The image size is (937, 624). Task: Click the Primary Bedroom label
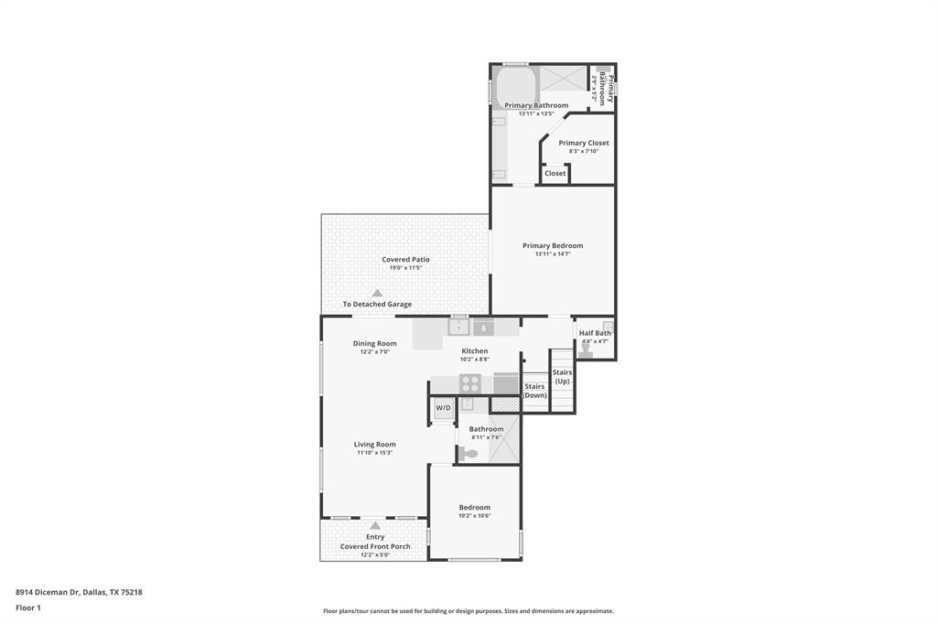[553, 245]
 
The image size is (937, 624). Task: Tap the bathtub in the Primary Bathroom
[515, 88]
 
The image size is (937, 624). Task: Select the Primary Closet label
[584, 143]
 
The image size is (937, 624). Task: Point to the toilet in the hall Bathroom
[469, 453]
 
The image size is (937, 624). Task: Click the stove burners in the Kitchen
[469, 383]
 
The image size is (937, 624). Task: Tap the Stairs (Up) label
[562, 376]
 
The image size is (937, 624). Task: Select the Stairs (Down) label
[534, 391]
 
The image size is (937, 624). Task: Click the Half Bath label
[595, 333]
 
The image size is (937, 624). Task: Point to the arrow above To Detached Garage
[377, 292]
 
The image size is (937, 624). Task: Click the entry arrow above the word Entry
[375, 525]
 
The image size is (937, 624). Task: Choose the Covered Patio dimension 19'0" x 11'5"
[405, 268]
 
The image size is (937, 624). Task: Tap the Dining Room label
[375, 343]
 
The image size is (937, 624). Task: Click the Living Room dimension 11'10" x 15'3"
[375, 453]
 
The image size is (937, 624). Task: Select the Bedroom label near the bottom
[475, 507]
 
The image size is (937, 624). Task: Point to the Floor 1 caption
[28, 608]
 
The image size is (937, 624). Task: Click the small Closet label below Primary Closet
[555, 173]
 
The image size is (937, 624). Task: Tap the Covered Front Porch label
[375, 546]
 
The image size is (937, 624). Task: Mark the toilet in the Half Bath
[586, 350]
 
